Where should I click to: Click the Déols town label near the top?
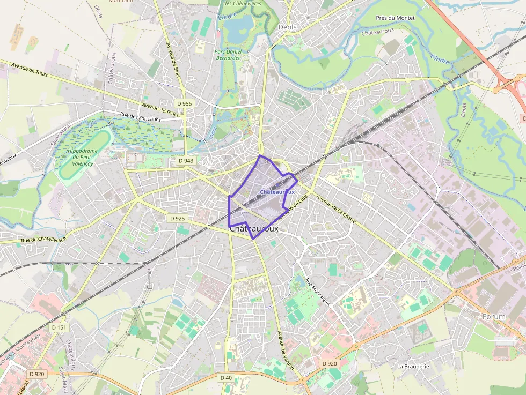288,27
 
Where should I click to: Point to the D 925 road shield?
177,219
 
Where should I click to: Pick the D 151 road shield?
60,327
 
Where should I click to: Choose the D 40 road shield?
226,378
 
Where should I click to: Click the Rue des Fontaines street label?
140,116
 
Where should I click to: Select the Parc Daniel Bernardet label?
228,55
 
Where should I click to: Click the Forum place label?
494,317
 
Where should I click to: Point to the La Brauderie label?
413,367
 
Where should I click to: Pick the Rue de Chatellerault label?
43,239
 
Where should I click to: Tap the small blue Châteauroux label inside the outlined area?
277,192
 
